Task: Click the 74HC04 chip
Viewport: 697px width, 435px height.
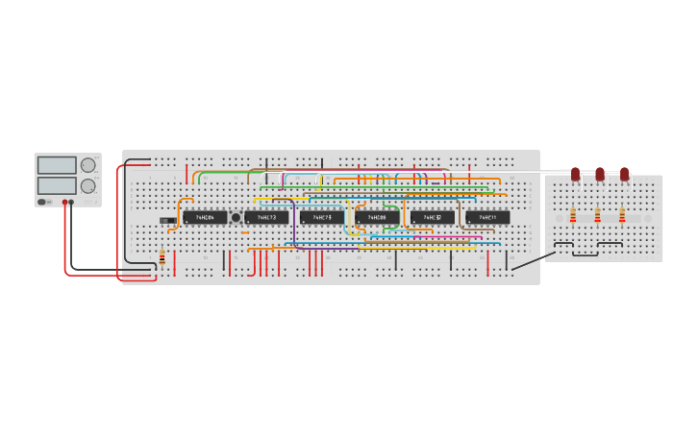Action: click(x=205, y=218)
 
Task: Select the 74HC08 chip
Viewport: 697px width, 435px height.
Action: click(x=377, y=218)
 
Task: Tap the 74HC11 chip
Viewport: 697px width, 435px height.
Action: click(x=487, y=218)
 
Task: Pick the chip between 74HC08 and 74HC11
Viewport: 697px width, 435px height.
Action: click(x=433, y=218)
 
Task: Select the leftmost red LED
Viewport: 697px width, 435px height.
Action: click(x=575, y=174)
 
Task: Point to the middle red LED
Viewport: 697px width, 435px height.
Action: click(x=600, y=174)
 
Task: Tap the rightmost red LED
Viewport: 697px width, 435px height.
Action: click(x=624, y=174)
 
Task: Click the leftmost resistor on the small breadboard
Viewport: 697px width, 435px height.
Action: click(x=573, y=216)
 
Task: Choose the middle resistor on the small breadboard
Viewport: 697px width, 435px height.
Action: click(x=597, y=216)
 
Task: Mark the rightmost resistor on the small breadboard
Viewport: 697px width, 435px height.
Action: click(x=622, y=216)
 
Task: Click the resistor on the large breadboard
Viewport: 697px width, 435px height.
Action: click(x=162, y=257)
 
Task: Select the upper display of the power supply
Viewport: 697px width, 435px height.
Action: click(x=57, y=165)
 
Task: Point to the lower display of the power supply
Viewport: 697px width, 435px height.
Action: click(x=57, y=185)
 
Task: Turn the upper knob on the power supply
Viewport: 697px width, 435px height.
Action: click(x=88, y=165)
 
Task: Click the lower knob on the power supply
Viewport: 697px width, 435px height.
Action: click(x=88, y=185)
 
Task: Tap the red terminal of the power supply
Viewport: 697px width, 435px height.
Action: click(x=65, y=202)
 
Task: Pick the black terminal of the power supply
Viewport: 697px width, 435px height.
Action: click(x=73, y=202)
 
